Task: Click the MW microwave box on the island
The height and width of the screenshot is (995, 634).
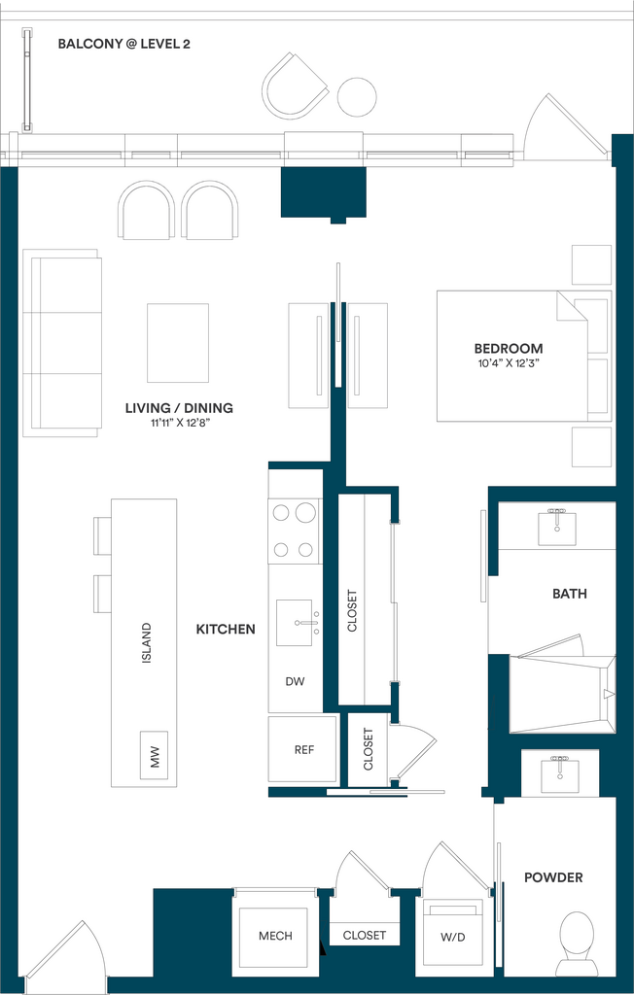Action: [154, 754]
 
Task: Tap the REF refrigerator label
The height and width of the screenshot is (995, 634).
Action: [304, 749]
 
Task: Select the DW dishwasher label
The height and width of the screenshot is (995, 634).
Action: [295, 681]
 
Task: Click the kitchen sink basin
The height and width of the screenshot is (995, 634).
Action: [294, 623]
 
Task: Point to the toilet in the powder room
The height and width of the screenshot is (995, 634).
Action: [577, 943]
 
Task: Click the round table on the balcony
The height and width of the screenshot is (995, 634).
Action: [357, 97]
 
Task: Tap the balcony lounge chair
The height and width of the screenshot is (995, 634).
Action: [295, 86]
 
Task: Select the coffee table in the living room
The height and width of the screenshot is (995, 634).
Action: [178, 343]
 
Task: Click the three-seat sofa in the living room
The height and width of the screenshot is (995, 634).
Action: [61, 343]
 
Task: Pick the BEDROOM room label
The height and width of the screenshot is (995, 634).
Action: [509, 349]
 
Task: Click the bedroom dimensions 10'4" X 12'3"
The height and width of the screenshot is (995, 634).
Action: [509, 363]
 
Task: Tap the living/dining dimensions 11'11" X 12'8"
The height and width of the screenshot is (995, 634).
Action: [179, 424]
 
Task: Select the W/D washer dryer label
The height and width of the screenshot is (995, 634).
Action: [453, 938]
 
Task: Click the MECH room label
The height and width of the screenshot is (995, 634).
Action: [276, 936]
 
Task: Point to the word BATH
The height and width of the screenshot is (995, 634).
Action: [570, 594]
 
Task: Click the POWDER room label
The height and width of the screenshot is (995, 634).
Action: [553, 877]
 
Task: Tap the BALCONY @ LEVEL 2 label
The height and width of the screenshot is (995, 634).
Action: [123, 44]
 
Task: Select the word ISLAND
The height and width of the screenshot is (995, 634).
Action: [146, 643]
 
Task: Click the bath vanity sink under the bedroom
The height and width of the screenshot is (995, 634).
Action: [557, 528]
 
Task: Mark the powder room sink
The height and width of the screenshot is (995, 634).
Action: [560, 773]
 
